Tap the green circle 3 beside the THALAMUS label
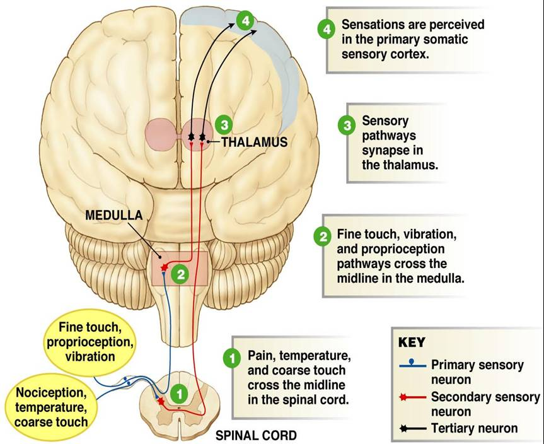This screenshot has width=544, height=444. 223,124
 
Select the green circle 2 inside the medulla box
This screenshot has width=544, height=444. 180,274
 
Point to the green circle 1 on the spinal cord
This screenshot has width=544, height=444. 180,393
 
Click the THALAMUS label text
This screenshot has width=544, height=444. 254,143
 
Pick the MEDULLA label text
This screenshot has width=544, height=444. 114,215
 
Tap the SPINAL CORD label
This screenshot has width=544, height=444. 256,435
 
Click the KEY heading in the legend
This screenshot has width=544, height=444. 412,343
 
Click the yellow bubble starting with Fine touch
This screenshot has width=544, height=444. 88,342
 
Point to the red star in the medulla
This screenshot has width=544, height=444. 165,267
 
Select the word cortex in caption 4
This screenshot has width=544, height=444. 409,54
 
